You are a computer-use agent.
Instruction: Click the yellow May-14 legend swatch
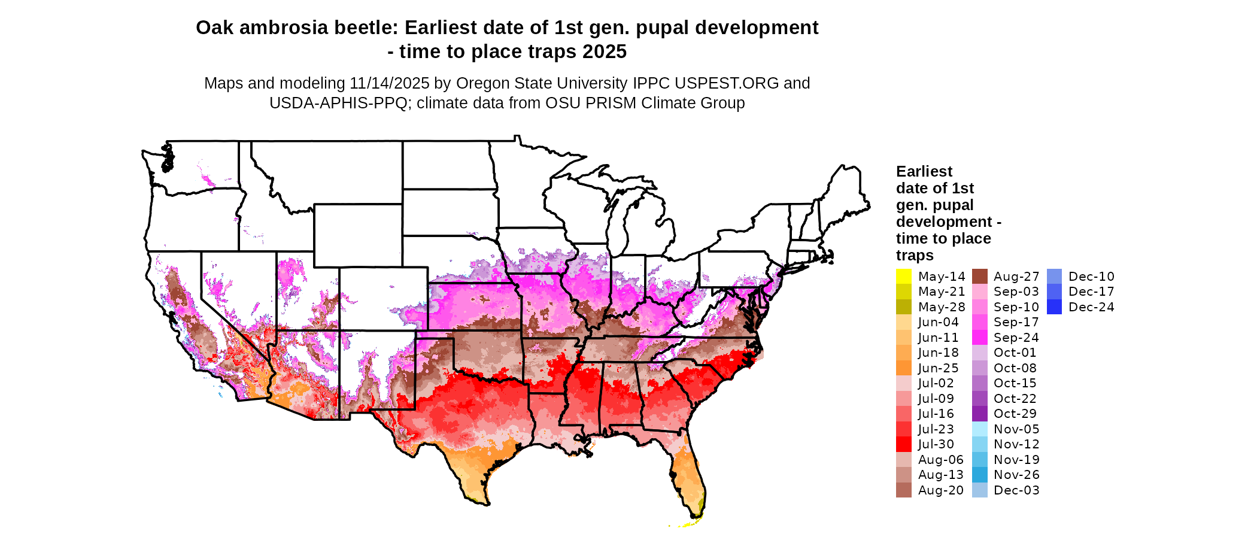point(903,277)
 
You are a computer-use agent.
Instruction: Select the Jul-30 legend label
point(936,444)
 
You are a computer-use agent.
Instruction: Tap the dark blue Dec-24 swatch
point(1054,307)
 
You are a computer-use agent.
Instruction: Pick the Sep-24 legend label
point(1016,338)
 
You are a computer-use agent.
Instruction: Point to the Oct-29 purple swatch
point(979,414)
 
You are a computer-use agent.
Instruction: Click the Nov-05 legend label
point(1016,429)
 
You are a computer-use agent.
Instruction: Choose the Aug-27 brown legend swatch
point(979,277)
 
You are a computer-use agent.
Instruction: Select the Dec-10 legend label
point(1091,277)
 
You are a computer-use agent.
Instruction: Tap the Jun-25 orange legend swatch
point(903,368)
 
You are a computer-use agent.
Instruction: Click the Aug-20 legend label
point(940,490)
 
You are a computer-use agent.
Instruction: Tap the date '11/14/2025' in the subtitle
point(390,83)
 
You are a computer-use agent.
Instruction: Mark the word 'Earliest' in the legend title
point(924,172)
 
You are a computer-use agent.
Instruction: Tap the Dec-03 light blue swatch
point(979,490)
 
